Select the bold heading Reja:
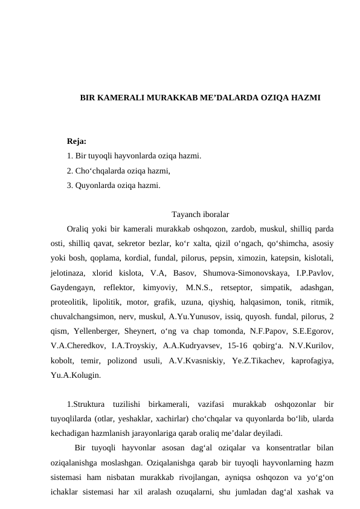coord(77,141)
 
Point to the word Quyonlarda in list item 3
coord(95,185)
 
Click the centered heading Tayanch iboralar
coord(200,215)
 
